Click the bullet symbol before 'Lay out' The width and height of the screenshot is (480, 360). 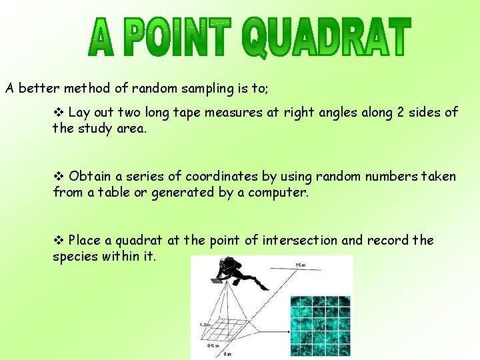59,113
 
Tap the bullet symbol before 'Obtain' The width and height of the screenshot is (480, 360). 59,177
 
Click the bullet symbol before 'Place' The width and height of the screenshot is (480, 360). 59,241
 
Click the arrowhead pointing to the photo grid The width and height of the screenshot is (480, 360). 286,327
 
